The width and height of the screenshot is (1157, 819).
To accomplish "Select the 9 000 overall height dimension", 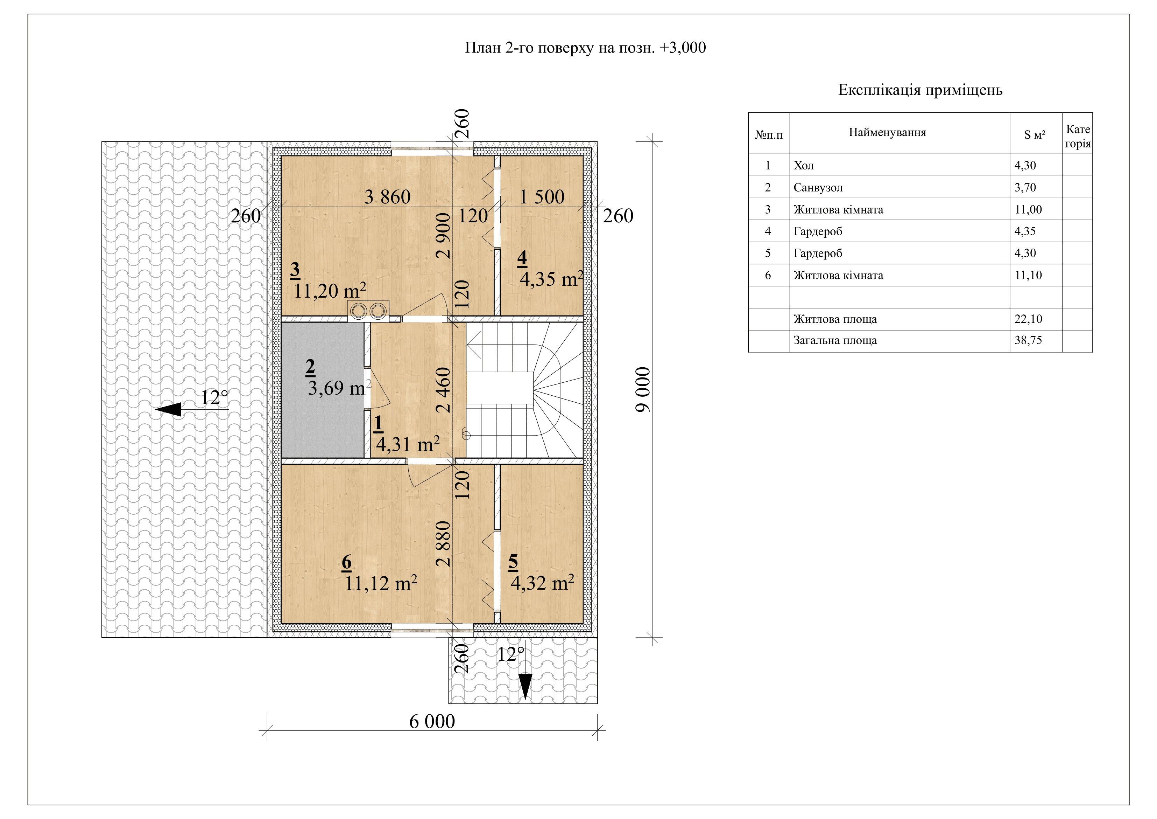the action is point(643,390).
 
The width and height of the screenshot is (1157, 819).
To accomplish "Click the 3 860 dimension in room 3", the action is point(388,197).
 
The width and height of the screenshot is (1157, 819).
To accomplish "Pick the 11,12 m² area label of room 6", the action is point(381,583).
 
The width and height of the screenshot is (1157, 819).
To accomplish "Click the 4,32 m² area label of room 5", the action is point(543,583).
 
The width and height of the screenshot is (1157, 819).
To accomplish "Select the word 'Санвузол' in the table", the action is point(818,188).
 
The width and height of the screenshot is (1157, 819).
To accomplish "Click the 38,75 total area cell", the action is point(1028,340).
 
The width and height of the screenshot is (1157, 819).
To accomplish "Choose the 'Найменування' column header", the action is point(887,133).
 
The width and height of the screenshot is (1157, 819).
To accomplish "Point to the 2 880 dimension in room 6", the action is point(443,544).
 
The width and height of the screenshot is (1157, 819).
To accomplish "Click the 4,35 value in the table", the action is point(1025,231).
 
